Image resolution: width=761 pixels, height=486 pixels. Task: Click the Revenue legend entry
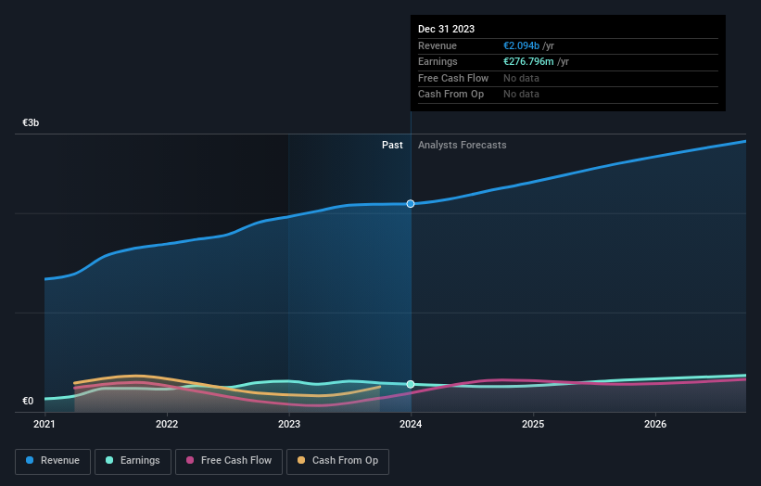[53, 460]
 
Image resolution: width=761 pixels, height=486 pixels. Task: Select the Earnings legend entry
[133, 460]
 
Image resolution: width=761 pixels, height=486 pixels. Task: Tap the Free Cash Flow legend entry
[227, 460]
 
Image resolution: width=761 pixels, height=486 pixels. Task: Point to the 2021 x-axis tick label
[44, 425]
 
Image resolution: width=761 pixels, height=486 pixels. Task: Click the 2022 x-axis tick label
[167, 425]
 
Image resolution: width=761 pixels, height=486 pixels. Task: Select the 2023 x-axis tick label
[289, 425]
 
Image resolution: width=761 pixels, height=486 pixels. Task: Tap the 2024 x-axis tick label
[411, 425]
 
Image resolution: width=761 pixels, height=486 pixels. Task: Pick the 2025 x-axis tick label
[533, 425]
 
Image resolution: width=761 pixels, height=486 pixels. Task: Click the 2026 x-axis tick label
[655, 425]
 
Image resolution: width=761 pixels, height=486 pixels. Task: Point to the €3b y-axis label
[32, 122]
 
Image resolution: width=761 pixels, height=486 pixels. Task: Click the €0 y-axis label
[28, 401]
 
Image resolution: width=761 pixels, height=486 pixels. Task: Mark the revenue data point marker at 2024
[411, 203]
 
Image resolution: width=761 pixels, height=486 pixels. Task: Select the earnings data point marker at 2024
[411, 384]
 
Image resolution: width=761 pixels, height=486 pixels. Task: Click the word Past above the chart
[392, 145]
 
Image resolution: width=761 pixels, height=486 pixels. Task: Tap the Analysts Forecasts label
[463, 145]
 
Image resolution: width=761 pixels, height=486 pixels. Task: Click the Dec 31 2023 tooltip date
[446, 29]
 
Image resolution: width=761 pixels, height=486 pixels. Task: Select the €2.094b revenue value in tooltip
[522, 45]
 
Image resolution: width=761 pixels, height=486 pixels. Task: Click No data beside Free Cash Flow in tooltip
[521, 78]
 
